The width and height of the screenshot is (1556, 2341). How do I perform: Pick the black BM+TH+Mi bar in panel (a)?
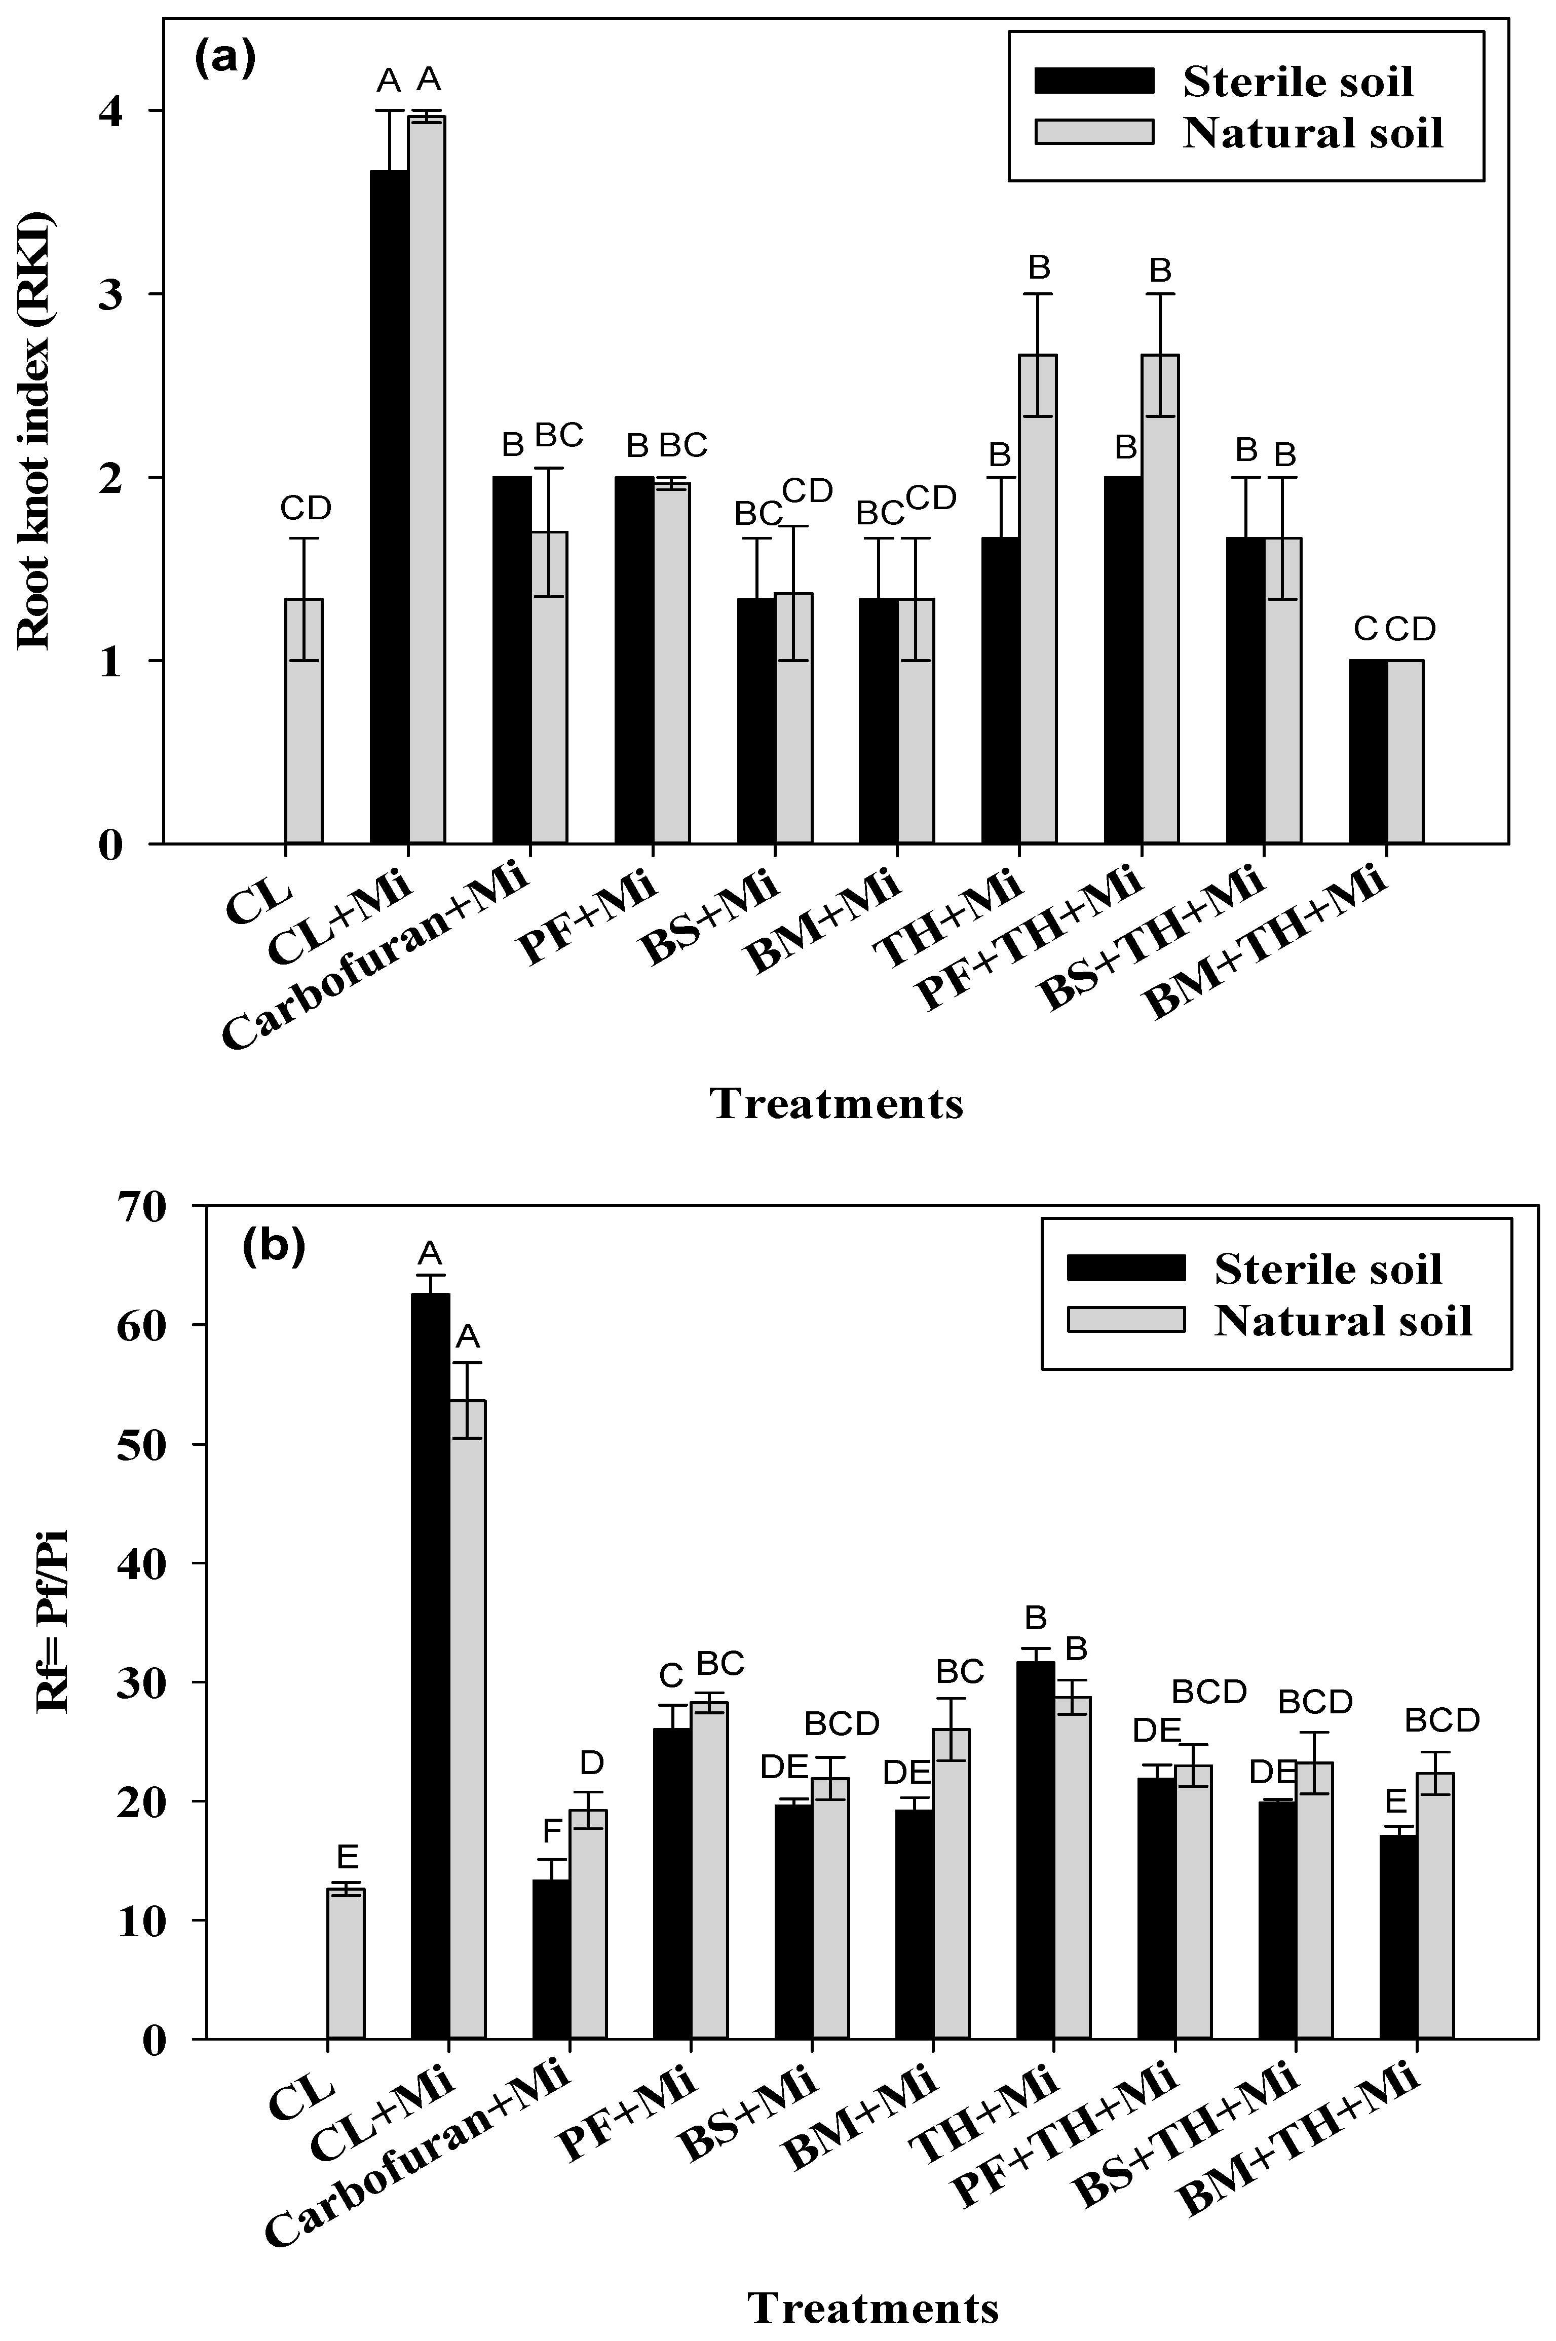coord(1368,751)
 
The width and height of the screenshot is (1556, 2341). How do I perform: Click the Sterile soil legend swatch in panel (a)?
coord(1093,82)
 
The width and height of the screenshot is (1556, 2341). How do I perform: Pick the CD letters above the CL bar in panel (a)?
coord(305,509)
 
